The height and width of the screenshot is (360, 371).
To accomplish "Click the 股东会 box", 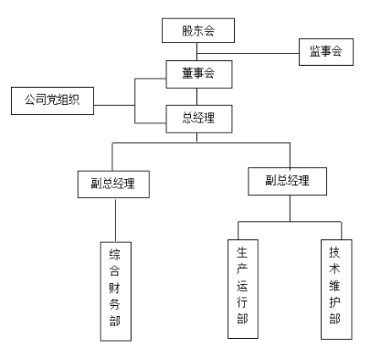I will (196, 32).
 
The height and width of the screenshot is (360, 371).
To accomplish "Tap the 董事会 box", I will (196, 74).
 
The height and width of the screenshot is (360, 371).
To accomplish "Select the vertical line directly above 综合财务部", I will (114, 220).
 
